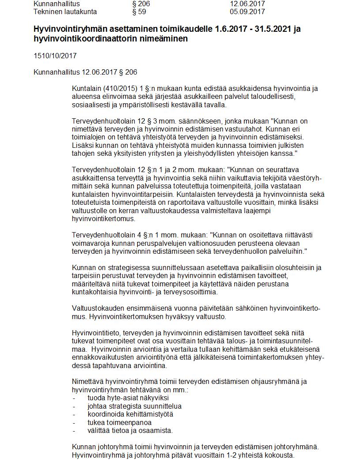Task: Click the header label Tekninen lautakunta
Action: pos(65,12)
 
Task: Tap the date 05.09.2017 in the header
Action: pos(247,12)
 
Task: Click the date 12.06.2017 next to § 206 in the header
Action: pos(247,4)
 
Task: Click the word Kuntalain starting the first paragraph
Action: pos(85,88)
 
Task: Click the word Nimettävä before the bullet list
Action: pos(87,381)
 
